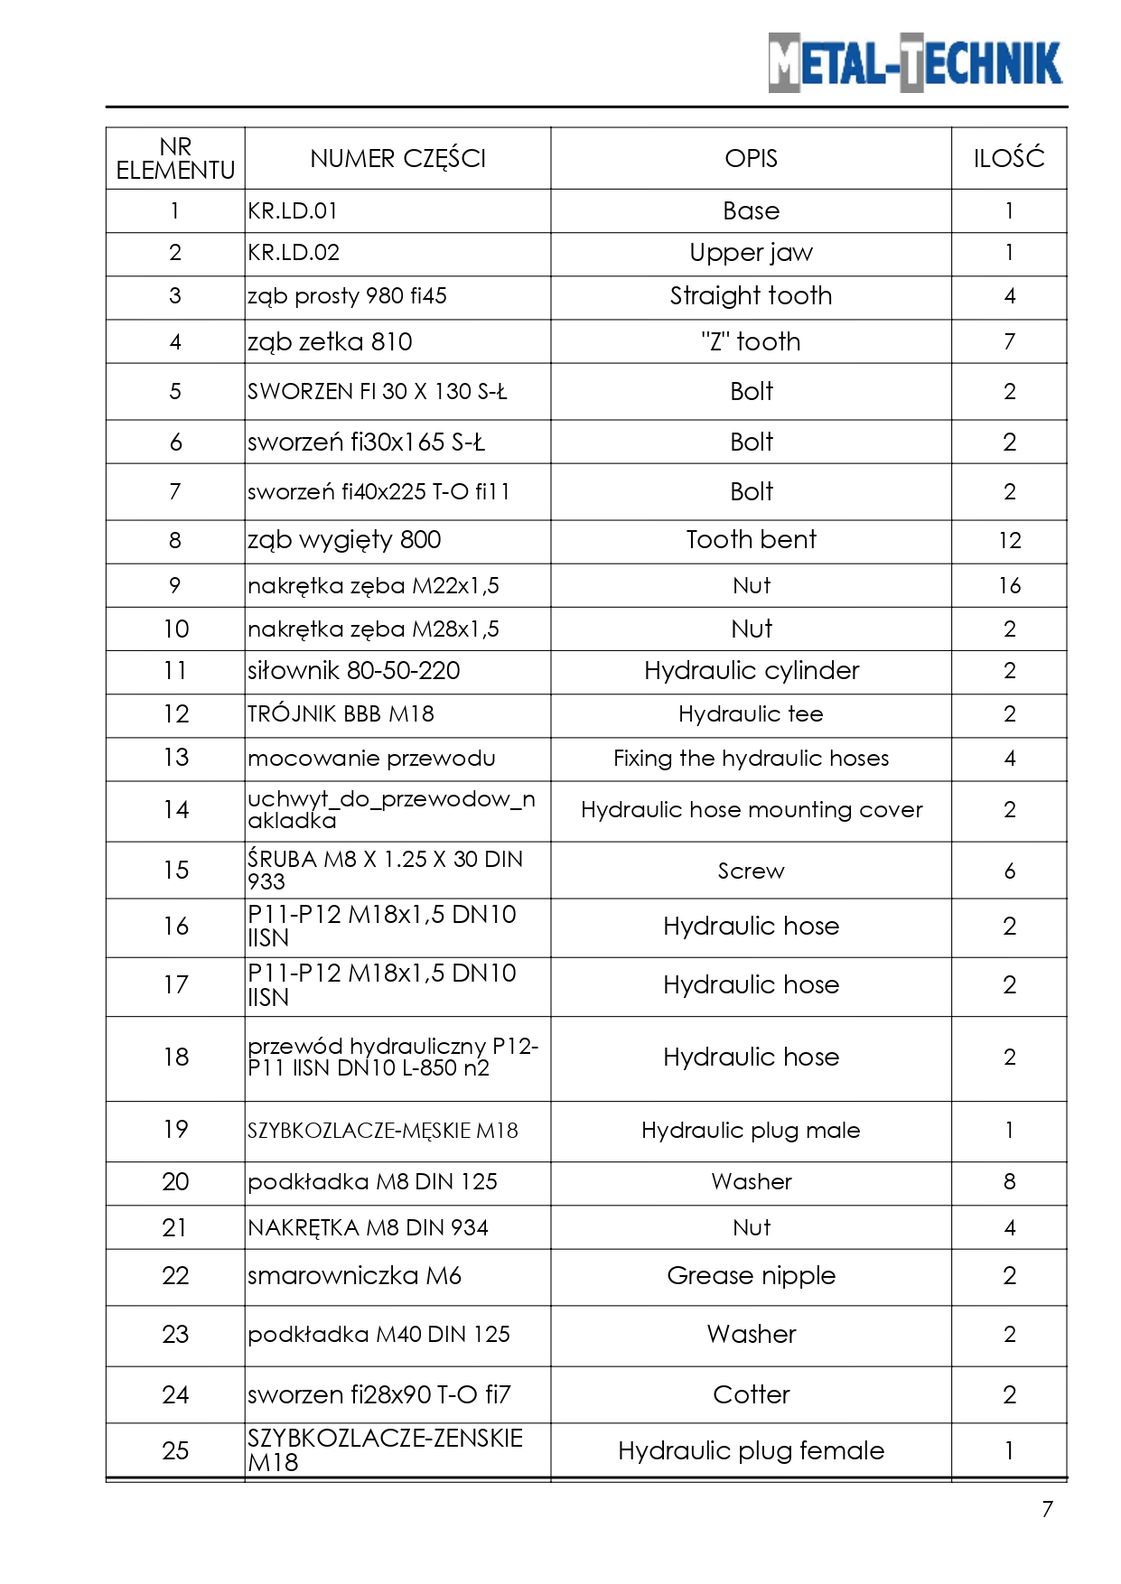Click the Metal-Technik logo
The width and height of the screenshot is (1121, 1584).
point(915,62)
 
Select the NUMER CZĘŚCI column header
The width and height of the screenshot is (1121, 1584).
point(397,159)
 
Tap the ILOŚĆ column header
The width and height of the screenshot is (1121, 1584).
point(1008,159)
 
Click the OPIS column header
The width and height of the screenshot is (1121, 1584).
point(751,159)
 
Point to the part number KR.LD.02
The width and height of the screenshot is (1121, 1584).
point(294,253)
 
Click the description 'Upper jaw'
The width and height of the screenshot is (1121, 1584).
point(751,253)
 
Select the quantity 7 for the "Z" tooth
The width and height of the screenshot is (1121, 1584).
point(1009,342)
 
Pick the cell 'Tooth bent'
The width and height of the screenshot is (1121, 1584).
point(751,540)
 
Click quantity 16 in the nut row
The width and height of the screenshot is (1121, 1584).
point(1009,586)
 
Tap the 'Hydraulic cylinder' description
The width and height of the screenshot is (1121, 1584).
point(751,671)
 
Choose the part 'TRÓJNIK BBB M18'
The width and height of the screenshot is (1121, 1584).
point(341,714)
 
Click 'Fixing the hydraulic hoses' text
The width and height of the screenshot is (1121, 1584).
point(751,759)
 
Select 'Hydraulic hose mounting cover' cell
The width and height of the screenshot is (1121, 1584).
point(751,810)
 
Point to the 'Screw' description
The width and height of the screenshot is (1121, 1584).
point(751,871)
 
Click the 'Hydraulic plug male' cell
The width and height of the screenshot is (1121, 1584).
point(751,1131)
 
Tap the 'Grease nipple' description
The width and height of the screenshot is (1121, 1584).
point(751,1276)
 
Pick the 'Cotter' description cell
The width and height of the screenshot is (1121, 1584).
point(751,1395)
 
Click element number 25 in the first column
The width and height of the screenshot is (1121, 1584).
point(175,1451)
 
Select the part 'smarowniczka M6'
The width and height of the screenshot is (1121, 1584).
point(354,1276)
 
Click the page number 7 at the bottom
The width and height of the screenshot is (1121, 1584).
point(1047,1509)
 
